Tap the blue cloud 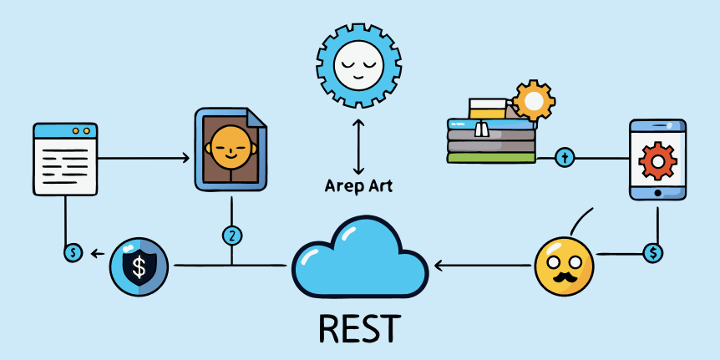pos(360,259)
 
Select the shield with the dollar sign pos(139,267)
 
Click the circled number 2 pos(232,236)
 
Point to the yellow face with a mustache pos(564,266)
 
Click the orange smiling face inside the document pos(230,145)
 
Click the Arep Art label pos(358,185)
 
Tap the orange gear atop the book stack pos(534,101)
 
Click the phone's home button pos(657,193)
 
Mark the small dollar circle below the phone pos(653,251)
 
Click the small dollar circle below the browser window pos(74,251)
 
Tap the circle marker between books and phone pos(565,157)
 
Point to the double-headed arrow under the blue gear pos(358,145)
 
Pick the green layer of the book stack pos(491,156)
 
